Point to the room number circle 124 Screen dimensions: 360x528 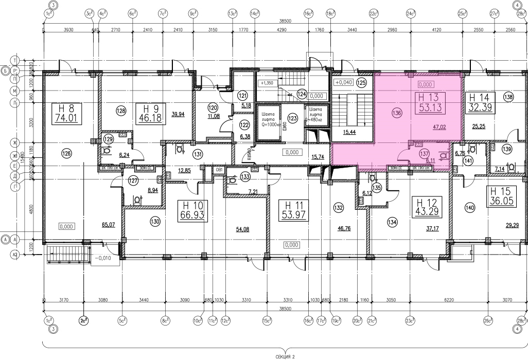(302, 94)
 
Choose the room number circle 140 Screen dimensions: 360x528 (469, 208)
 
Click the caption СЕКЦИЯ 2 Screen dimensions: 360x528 (285, 355)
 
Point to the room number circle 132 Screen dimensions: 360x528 (338, 208)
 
